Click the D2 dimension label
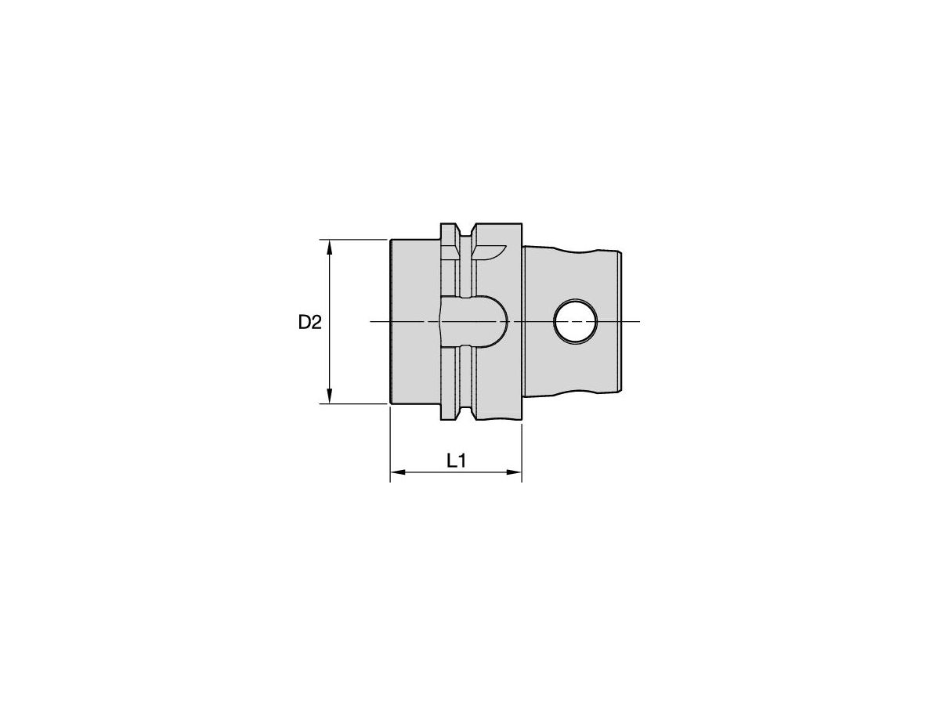310,322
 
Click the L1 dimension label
457,461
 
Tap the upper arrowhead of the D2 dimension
330,247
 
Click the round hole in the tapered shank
574,322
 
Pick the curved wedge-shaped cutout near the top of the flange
489,251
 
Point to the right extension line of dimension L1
522,450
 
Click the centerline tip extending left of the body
376,322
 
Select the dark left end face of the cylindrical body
391,322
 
